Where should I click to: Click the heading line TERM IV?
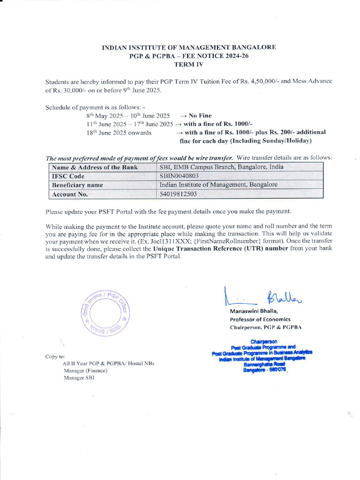tap(189, 64)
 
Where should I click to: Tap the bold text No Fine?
tap(200, 115)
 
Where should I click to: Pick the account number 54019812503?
tap(178, 194)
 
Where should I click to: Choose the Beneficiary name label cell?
tap(77, 185)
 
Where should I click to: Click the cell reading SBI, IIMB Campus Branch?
tap(221, 167)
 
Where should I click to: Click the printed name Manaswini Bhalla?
tap(254, 311)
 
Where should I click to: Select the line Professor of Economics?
tap(260, 319)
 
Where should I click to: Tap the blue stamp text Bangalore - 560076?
tap(264, 370)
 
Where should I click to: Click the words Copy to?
tap(55, 357)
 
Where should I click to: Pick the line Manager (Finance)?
tap(85, 370)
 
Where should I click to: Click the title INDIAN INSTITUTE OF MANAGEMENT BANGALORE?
tap(189, 47)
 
